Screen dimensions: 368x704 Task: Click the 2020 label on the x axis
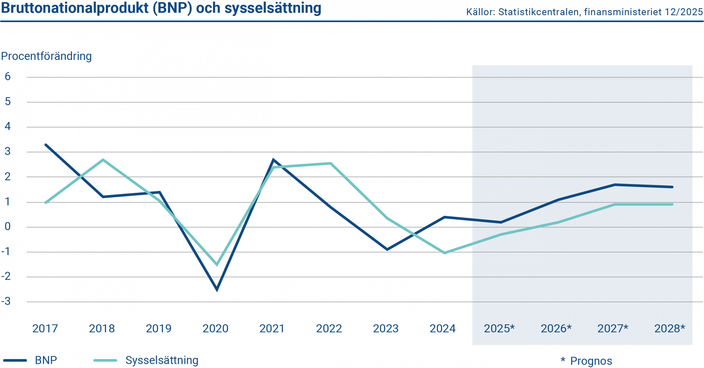point(215,328)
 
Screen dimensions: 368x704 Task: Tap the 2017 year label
point(45,328)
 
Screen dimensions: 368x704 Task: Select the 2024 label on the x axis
point(442,328)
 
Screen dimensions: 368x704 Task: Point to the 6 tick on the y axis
point(7,77)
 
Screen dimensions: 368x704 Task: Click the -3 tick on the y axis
point(6,301)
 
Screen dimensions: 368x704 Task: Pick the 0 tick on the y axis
point(7,227)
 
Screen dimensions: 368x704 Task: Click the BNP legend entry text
point(46,360)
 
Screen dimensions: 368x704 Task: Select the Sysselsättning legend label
point(162,360)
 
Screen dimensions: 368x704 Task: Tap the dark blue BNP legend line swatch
point(15,360)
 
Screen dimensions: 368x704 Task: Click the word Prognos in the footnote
point(591,361)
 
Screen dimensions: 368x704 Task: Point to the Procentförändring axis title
point(46,56)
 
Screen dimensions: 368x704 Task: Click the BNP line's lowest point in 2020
point(217,289)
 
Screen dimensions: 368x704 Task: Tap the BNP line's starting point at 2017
point(46,145)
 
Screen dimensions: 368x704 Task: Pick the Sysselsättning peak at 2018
point(103,160)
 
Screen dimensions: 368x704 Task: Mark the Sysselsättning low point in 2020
point(217,265)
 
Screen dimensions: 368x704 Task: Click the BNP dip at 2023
point(387,249)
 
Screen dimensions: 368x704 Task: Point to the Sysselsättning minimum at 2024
point(444,253)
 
